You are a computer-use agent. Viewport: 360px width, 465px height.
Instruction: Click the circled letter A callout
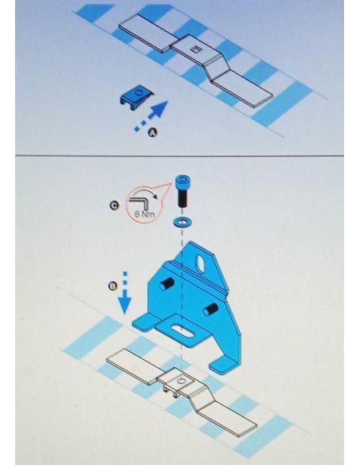[x=153, y=132]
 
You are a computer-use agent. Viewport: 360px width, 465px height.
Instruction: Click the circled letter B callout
[x=113, y=286]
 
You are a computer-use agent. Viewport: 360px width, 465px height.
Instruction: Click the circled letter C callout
[x=114, y=205]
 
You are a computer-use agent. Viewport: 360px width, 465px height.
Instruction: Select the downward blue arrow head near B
[x=124, y=306]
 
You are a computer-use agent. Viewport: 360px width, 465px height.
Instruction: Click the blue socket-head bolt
[x=182, y=190]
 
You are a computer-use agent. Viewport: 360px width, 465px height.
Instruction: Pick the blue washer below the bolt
[x=182, y=221]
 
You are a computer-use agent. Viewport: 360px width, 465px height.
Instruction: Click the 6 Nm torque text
[x=144, y=213]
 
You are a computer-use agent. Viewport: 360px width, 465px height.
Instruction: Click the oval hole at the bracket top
[x=202, y=262]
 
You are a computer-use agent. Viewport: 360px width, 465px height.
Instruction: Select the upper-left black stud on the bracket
[x=166, y=284]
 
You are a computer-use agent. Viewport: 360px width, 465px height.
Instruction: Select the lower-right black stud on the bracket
[x=210, y=310]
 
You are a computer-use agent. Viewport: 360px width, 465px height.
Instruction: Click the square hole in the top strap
[x=194, y=49]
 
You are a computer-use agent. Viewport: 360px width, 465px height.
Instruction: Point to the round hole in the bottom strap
[x=181, y=381]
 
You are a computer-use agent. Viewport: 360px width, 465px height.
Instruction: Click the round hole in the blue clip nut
[x=139, y=92]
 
